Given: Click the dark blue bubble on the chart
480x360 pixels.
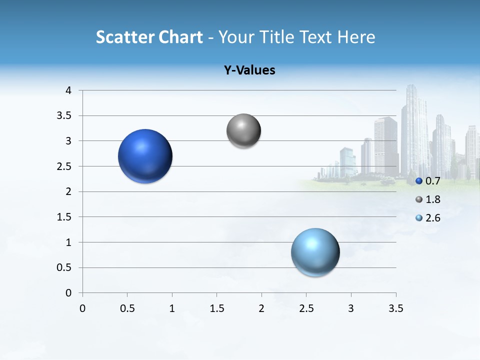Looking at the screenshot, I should pos(145,156).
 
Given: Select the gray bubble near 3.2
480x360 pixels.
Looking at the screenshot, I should pos(243,131).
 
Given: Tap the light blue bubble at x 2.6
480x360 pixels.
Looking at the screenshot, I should pos(315,252).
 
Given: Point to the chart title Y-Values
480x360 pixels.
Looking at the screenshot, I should pos(249,70).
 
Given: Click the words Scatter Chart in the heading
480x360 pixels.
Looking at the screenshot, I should pos(149,37).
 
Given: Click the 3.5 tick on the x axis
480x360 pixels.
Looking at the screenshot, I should pos(396,308).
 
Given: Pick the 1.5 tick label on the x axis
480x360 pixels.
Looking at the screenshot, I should pos(216,308).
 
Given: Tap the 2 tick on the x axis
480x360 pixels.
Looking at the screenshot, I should pos(261,308).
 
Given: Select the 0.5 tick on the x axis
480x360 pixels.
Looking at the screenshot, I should pos(127,308).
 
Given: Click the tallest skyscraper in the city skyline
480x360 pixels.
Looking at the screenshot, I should pos(414,130).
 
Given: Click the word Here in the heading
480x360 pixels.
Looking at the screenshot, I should pos(356,37).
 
